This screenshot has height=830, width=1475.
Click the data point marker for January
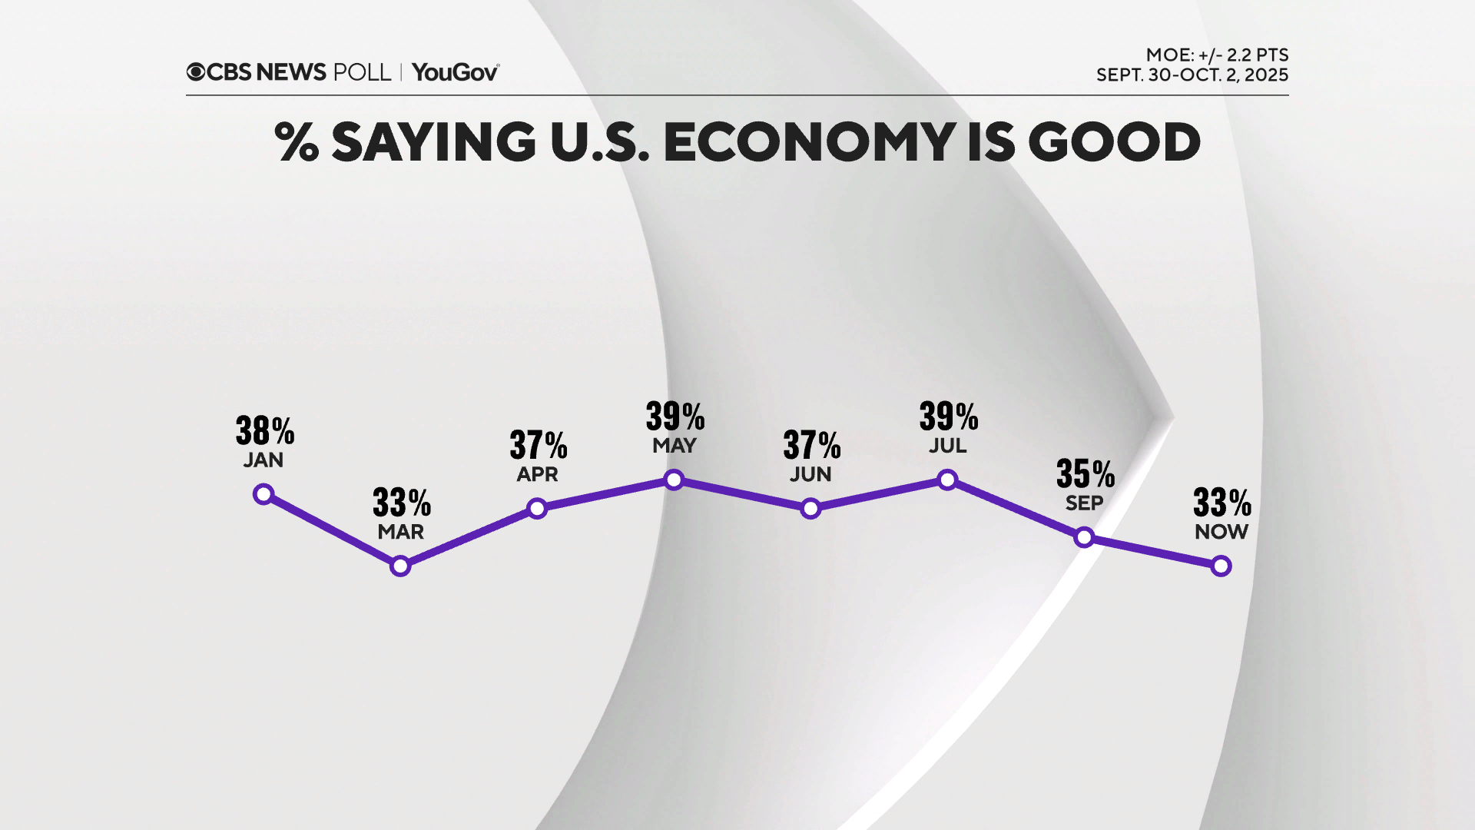tap(264, 494)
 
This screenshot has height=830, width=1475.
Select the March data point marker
tap(400, 566)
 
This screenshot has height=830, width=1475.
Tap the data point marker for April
tap(537, 508)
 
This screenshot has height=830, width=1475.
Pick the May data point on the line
tap(674, 480)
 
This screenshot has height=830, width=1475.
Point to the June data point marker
tap(810, 508)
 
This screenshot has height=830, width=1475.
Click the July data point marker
tap(947, 480)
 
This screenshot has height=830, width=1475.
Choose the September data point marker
tap(1084, 537)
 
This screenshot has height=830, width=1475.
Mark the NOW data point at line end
tap(1221, 566)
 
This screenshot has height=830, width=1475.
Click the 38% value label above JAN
tap(264, 431)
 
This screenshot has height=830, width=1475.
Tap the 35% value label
tap(1085, 474)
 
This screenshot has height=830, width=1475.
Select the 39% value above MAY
tap(675, 417)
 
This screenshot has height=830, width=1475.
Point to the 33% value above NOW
tap(1221, 503)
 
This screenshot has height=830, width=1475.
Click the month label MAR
tap(400, 532)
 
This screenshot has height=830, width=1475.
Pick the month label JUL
tap(947, 446)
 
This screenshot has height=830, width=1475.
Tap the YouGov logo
tap(456, 72)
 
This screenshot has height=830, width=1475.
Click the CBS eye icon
tap(196, 72)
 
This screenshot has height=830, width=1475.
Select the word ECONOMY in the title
tap(810, 142)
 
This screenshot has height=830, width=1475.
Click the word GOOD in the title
tap(1113, 142)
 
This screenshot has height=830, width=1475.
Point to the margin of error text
tap(1217, 55)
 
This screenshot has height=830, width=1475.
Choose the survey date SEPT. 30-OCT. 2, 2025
tap(1192, 75)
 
